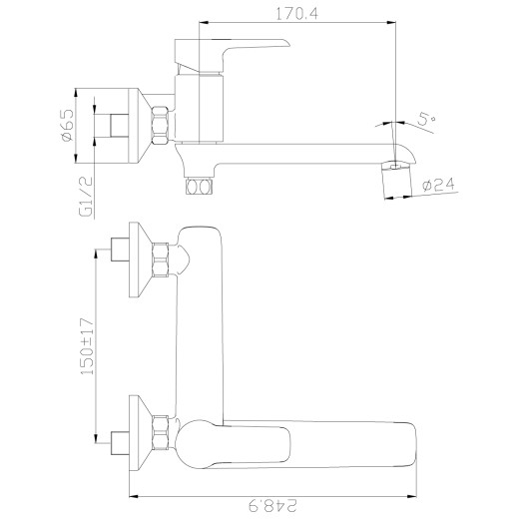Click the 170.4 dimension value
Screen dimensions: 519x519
pyautogui.click(x=297, y=14)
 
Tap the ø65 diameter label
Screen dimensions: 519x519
pyautogui.click(x=67, y=125)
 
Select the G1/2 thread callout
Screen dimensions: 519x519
pyautogui.click(x=86, y=197)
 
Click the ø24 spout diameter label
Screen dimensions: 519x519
pyautogui.click(x=439, y=185)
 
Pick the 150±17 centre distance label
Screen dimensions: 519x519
pyautogui.click(x=88, y=346)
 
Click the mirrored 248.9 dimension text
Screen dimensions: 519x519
pyautogui.click(x=272, y=506)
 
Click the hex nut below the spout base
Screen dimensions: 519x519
pyautogui.click(x=199, y=186)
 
